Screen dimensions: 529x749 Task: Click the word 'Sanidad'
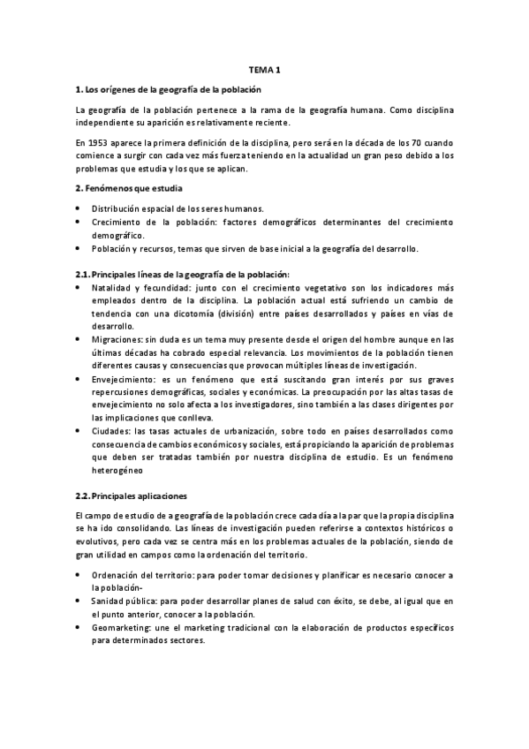pos(110,601)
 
